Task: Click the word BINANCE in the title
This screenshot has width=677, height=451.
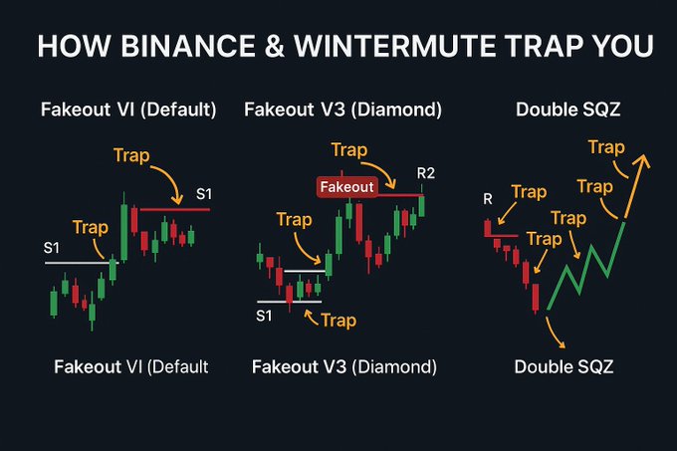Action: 188,46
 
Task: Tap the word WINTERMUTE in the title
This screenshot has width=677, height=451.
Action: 395,46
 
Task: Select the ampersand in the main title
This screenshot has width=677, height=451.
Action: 275,46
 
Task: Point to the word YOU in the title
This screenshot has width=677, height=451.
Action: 622,46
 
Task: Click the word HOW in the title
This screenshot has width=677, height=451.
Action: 74,46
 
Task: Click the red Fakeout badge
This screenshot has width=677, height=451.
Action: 347,187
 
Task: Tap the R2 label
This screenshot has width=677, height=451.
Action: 426,173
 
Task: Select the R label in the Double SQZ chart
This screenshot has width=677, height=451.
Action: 488,199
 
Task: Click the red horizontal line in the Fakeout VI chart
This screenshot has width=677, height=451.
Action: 175,210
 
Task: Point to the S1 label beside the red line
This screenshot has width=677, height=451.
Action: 204,194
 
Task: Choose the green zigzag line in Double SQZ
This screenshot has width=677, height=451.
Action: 586,266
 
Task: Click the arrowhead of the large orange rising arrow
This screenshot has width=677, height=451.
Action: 642,160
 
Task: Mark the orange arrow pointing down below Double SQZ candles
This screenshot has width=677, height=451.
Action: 555,333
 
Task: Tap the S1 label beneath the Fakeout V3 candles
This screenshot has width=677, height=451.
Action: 264,316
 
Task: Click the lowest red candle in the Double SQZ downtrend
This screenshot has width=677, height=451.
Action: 536,298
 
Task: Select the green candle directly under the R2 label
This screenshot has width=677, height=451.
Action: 421,206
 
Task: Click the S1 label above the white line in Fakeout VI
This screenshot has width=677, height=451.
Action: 52,248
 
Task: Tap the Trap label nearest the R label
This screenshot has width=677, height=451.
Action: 530,192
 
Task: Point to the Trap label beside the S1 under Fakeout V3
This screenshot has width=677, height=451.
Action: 338,321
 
